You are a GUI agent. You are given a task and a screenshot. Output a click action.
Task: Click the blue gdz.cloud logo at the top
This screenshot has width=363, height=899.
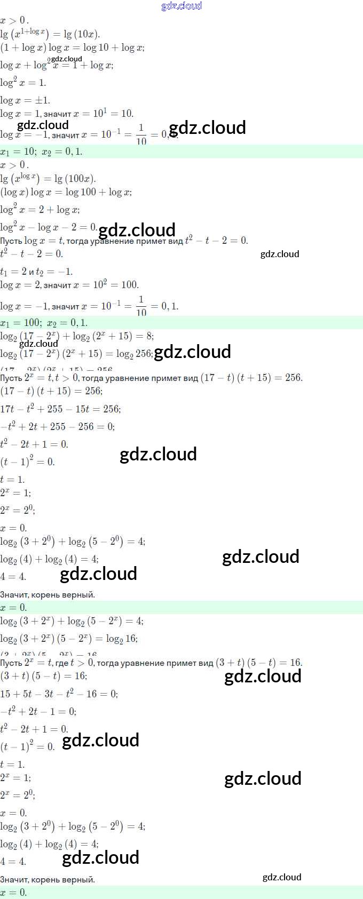181,6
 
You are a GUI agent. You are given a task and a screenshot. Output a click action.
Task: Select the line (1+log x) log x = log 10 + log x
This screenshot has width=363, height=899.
72,47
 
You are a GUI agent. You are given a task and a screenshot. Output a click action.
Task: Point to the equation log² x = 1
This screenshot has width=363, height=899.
23,83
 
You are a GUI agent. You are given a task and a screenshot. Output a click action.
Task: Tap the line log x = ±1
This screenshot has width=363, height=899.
25,100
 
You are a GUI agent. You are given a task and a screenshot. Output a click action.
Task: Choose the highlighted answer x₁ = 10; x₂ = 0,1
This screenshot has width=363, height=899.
42,152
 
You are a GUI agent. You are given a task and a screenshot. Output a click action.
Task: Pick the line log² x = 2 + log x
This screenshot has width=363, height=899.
40,210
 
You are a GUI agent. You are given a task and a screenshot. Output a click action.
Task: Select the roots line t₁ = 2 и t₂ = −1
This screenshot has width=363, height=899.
36,272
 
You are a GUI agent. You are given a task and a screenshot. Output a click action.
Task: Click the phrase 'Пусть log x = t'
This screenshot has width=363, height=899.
31,241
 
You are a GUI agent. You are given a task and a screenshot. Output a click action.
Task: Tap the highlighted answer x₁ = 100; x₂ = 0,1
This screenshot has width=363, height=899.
44,323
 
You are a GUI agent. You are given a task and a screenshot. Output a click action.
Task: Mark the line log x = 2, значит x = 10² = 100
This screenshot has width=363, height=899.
69,285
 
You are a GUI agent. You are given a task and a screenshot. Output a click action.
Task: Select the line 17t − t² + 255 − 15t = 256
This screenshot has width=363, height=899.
60,409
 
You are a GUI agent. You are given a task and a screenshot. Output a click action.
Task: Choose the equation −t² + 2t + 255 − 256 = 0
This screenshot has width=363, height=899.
58,427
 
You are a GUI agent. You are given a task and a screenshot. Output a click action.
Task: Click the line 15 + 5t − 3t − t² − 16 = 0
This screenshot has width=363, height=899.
59,694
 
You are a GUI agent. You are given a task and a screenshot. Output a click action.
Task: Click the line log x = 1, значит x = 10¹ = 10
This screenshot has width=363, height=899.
67,114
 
